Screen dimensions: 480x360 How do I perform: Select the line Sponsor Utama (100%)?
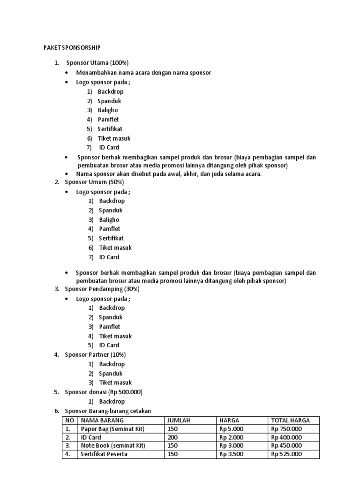(x=97, y=63)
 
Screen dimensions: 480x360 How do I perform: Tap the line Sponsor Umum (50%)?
(x=94, y=182)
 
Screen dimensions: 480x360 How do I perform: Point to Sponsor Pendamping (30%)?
(x=102, y=289)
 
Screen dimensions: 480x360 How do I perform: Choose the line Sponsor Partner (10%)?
(x=95, y=354)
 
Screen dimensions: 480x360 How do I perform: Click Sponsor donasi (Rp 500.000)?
(x=104, y=392)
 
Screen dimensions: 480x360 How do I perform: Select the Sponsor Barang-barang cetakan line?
(x=108, y=411)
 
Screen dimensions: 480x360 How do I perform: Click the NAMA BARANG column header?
(x=100, y=420)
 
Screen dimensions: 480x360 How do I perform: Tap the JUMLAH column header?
(x=178, y=420)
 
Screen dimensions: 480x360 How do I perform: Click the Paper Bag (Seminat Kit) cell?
(x=112, y=429)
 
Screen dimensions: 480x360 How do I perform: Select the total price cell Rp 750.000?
(x=286, y=429)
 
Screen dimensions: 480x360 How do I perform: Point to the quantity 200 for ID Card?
(x=173, y=437)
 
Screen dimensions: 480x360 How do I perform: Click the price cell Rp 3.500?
(x=232, y=454)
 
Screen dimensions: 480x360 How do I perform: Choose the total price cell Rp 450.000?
(x=286, y=446)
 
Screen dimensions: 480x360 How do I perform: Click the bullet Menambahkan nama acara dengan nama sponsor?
(x=144, y=73)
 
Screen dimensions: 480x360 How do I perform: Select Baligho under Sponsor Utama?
(x=108, y=110)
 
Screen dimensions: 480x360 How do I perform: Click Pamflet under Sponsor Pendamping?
(x=110, y=326)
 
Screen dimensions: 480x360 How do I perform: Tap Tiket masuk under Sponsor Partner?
(x=115, y=382)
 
